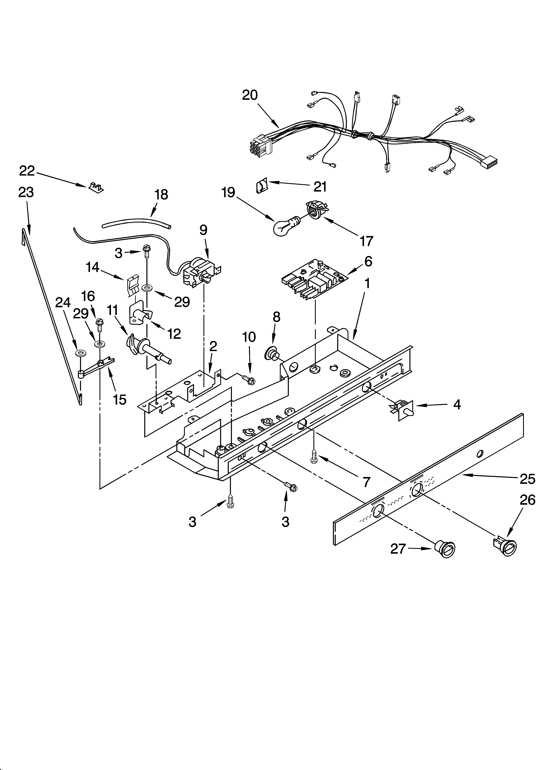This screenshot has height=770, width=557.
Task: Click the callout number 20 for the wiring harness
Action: pos(250,95)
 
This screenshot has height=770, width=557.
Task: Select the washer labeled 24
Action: pos(81,353)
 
